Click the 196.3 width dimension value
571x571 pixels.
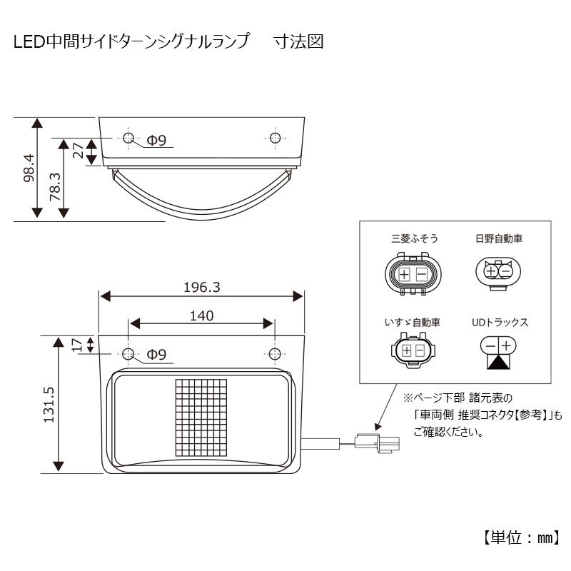click(x=202, y=287)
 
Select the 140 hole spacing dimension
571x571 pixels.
click(x=202, y=315)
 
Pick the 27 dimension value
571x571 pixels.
click(x=79, y=150)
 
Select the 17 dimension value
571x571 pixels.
click(x=78, y=345)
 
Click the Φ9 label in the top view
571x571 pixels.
click(x=156, y=141)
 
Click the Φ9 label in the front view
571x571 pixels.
click(x=156, y=354)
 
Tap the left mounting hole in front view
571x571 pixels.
click(x=128, y=355)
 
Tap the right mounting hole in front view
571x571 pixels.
click(x=274, y=355)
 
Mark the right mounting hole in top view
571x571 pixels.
click(x=274, y=138)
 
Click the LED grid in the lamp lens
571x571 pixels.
click(x=201, y=417)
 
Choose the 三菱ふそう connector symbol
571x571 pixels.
click(x=412, y=274)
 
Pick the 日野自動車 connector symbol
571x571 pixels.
click(x=497, y=272)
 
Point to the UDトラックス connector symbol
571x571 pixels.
click(x=497, y=352)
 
